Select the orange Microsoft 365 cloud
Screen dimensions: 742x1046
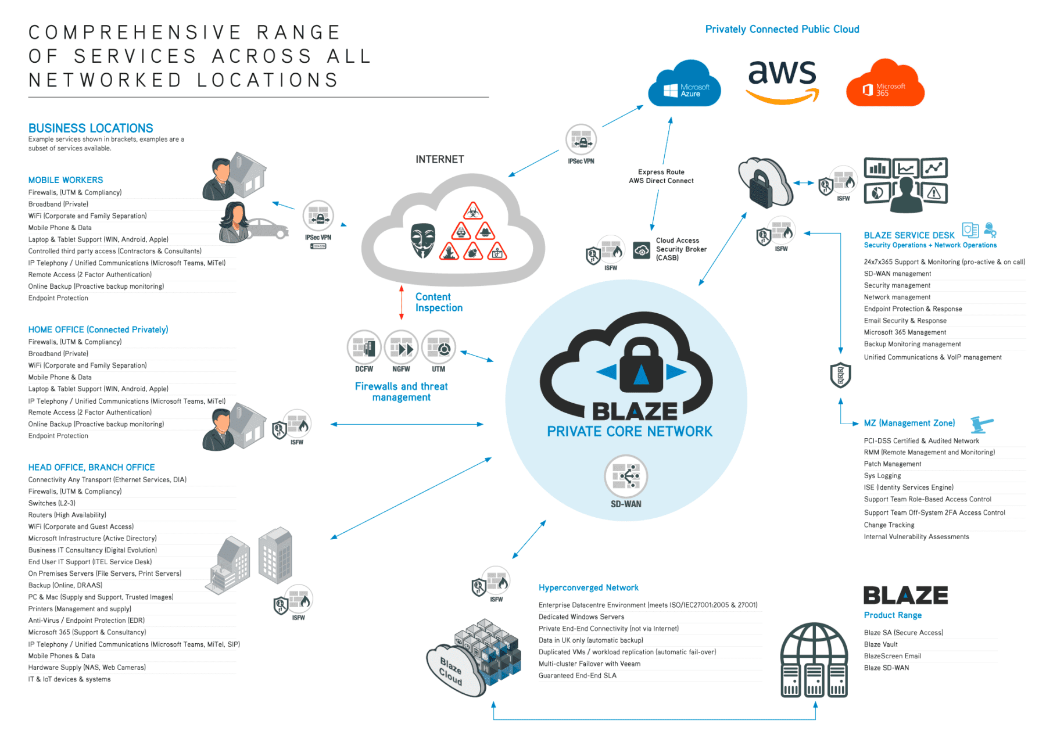coord(884,85)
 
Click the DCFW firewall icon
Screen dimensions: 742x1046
coord(364,348)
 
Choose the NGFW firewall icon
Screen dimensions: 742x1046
coord(401,348)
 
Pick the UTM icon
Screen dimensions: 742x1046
coord(439,348)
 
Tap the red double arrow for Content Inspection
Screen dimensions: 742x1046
coord(401,302)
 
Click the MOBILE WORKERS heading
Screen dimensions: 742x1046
coord(66,180)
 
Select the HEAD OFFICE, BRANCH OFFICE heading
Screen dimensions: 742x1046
coord(91,467)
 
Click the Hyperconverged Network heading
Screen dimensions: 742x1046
coord(588,587)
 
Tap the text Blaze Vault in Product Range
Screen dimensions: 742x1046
coord(880,644)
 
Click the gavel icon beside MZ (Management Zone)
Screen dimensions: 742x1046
coord(982,424)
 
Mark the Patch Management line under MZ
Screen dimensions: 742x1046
coord(893,464)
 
